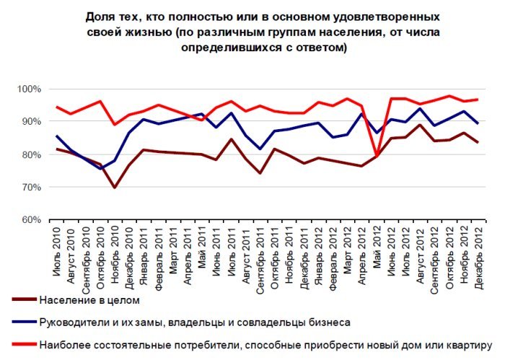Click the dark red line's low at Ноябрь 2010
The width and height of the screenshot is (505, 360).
[x=115, y=187]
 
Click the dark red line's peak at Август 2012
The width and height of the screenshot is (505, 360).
[x=420, y=125]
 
